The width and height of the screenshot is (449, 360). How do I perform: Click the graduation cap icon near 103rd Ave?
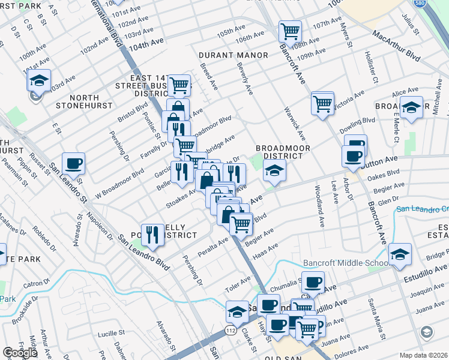point(40,80)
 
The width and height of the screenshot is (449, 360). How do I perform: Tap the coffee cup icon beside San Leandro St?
point(73,163)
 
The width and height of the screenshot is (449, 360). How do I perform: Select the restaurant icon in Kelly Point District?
point(152,234)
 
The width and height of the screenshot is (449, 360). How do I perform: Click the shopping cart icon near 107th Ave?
point(291,31)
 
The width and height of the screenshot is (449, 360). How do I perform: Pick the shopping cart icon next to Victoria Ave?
point(323,103)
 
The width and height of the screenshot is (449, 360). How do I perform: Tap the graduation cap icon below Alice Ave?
point(411,108)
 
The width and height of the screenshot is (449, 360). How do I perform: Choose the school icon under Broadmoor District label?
point(274,170)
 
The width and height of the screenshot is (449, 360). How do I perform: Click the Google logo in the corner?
point(20,353)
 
